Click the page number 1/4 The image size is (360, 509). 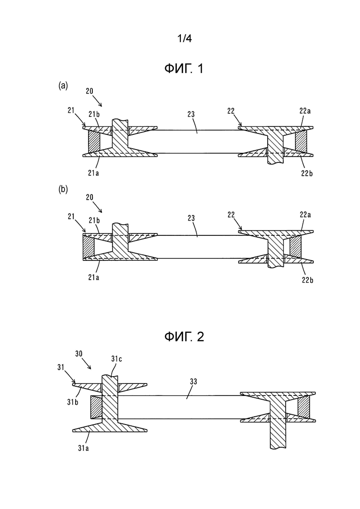[184, 39]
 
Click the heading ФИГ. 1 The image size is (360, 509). [184, 69]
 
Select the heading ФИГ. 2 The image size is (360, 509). [184, 337]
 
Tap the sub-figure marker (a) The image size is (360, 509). [63, 85]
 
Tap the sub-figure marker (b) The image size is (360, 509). [63, 190]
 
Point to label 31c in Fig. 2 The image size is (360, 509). [116, 359]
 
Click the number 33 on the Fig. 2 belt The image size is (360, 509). [193, 382]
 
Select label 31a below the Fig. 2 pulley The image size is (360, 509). [84, 448]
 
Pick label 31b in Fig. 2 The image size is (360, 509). [73, 402]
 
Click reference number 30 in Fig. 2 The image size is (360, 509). [79, 354]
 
